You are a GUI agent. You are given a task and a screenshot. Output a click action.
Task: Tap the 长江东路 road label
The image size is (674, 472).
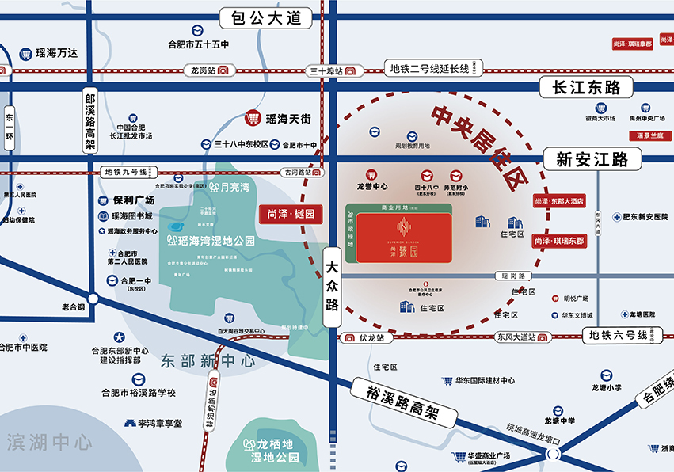tap(586, 87)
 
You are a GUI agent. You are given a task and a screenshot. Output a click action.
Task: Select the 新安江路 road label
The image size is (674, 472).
tap(592, 159)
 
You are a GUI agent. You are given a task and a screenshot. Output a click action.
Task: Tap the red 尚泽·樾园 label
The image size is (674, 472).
tap(291, 213)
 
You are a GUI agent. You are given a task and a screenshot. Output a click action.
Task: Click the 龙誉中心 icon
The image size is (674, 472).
tap(370, 175)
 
